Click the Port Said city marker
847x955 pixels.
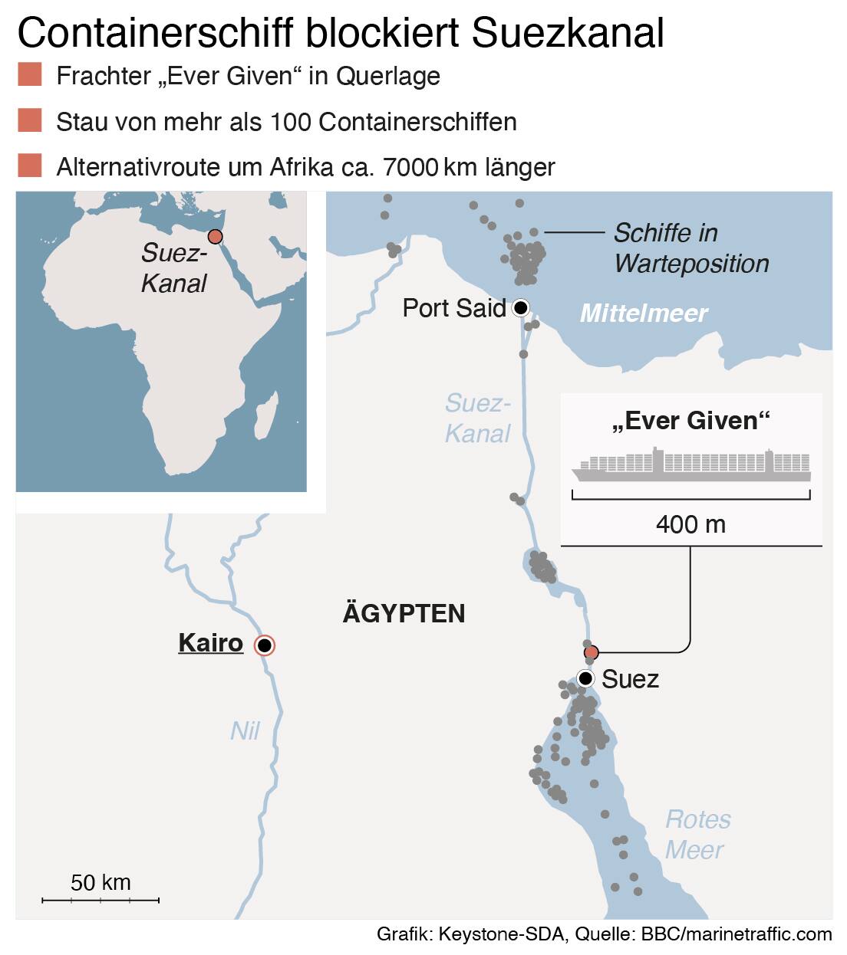point(521,308)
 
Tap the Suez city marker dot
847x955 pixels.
point(585,678)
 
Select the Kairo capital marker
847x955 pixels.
point(265,645)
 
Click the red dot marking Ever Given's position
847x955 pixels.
point(591,653)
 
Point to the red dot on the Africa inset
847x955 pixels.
point(216,237)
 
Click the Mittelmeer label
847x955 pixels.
point(643,313)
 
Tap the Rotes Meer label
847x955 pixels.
point(697,834)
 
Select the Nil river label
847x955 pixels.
point(245,730)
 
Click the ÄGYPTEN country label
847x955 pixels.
point(404,613)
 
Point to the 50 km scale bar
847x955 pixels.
point(101,899)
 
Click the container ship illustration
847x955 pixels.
point(690,465)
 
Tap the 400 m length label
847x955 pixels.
point(690,524)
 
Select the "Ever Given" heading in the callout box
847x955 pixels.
point(690,420)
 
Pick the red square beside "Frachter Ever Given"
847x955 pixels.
point(29,75)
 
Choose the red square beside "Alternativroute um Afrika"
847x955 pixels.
point(29,166)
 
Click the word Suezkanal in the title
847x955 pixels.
point(568,32)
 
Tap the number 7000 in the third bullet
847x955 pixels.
point(410,166)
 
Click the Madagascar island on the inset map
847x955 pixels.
point(265,421)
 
